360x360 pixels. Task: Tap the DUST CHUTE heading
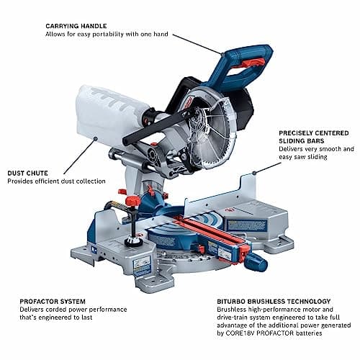click(30, 172)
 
